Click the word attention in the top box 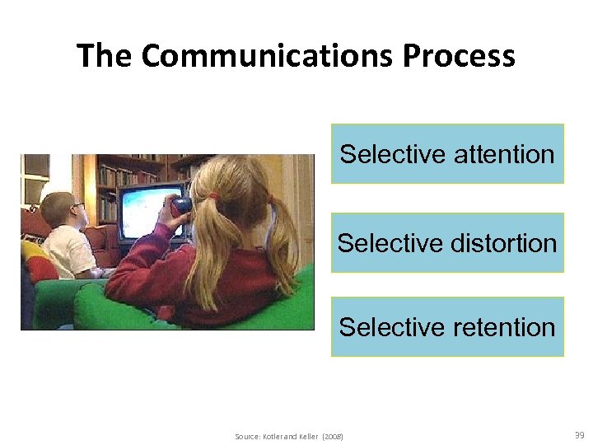505,154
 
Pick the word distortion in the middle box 504,243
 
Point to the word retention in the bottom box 505,327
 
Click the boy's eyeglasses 76,206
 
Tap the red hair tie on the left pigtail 213,198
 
